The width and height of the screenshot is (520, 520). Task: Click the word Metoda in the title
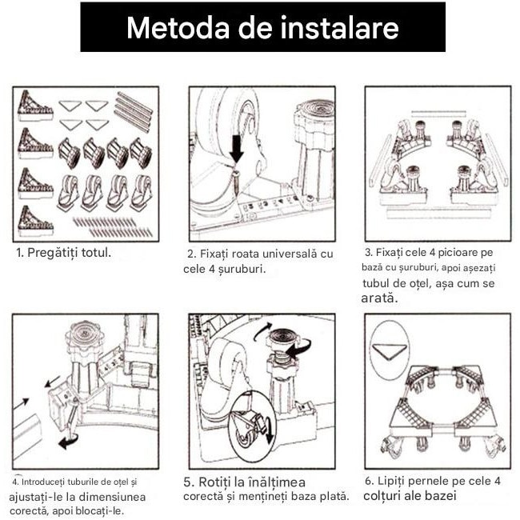[x=178, y=27]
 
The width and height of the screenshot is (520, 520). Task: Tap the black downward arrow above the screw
[x=237, y=149]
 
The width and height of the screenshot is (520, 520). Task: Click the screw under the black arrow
[x=237, y=179]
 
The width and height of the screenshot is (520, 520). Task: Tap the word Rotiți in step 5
[x=214, y=482]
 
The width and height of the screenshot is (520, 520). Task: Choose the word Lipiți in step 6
[x=392, y=481]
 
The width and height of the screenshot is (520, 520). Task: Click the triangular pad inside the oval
[x=390, y=351]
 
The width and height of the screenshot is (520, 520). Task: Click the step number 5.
[x=187, y=482]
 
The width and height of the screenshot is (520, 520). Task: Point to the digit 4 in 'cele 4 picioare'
[x=432, y=252]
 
